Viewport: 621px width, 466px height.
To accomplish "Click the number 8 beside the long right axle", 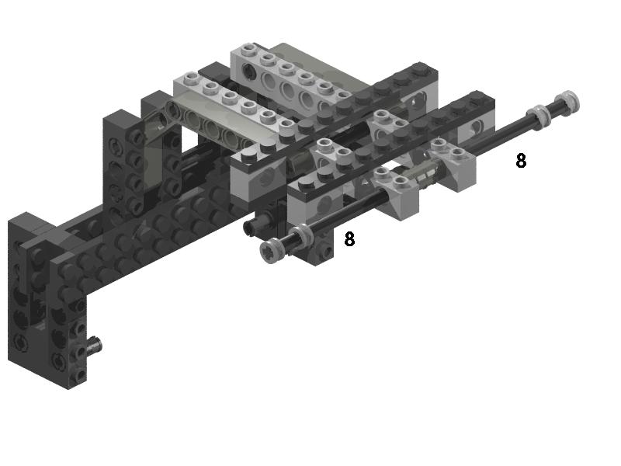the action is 521,161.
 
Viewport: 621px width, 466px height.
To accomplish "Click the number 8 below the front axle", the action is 349,239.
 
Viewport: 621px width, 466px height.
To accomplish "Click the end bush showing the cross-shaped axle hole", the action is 270,251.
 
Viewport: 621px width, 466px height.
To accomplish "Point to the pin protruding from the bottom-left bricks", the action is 94,344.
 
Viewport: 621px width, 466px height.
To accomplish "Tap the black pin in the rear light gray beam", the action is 249,70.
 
